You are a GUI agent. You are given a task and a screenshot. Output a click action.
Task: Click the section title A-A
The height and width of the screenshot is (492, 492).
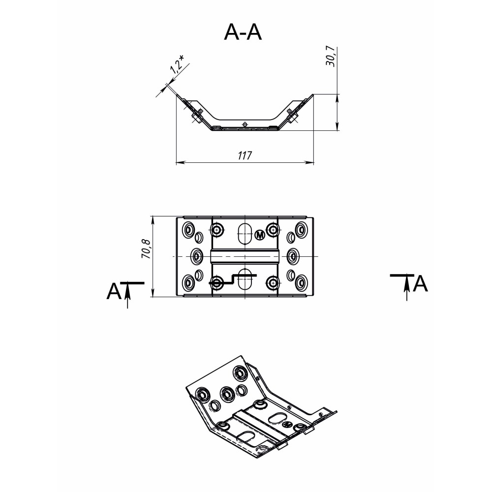click(243, 32)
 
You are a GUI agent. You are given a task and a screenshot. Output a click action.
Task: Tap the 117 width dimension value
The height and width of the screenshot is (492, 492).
click(245, 155)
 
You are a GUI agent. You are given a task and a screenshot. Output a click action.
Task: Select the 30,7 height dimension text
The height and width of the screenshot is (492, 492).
click(331, 56)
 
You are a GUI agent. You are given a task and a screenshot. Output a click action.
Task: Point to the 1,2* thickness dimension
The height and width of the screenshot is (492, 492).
click(177, 64)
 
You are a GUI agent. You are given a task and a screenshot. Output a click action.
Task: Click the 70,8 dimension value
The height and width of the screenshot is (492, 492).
click(147, 248)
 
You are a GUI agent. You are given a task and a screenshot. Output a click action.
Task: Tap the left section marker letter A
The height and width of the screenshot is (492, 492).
click(114, 291)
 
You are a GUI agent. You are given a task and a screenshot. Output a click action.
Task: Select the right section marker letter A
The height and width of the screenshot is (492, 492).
click(420, 284)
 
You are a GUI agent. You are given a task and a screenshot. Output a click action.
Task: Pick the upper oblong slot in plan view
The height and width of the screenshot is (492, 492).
click(245, 233)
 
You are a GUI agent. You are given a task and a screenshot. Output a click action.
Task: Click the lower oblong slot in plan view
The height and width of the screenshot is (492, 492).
click(245, 279)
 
